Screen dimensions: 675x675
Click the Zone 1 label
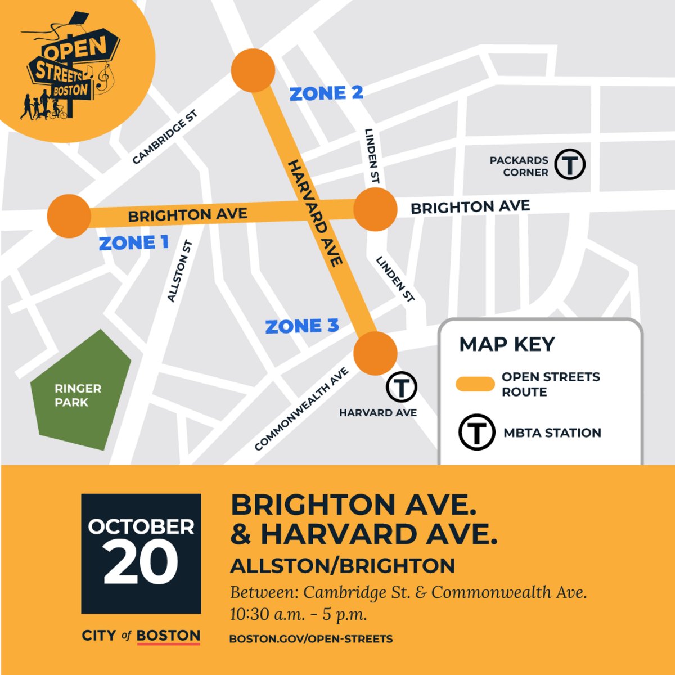pos(133,243)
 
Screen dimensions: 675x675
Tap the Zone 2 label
pos(326,93)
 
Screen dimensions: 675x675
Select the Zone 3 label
pos(302,326)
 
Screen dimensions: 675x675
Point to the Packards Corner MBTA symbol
pos(570,164)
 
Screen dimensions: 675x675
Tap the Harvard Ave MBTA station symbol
pos(401,387)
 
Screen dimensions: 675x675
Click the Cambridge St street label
pos(164,138)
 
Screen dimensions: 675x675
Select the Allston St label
pos(181,271)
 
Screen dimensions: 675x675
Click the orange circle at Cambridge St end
pos(253,70)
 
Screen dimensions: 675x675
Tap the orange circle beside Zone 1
pos(69,216)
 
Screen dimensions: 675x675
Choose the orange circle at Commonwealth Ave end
pos(375,353)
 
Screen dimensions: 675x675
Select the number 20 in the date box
pos(141,562)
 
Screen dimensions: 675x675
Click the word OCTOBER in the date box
pos(141,526)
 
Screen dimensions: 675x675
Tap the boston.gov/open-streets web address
pos(311,639)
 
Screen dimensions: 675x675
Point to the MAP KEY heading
pos(507,344)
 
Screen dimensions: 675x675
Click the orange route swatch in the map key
pos(475,384)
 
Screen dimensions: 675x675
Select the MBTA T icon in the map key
pos(476,433)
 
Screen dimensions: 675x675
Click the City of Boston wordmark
pos(141,636)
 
